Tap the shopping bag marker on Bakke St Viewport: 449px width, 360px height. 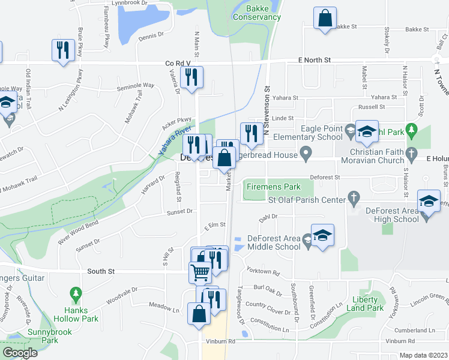pyautogui.click(x=325, y=19)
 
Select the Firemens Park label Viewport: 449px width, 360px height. pyautogui.click(x=273, y=187)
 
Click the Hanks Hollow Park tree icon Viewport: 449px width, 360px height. pyautogui.click(x=75, y=295)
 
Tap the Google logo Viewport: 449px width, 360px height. pyautogui.click(x=20, y=352)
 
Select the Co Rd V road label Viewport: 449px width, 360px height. pyautogui.click(x=178, y=62)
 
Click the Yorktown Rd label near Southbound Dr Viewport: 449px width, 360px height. pyautogui.click(x=267, y=273)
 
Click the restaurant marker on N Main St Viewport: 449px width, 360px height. pyautogui.click(x=193, y=77)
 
